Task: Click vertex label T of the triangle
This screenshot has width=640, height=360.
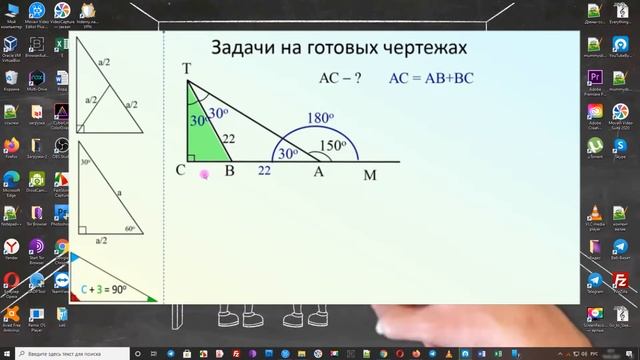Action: (x=187, y=69)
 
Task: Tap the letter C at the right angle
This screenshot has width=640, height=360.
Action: (x=181, y=171)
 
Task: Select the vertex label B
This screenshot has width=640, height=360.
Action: (x=229, y=171)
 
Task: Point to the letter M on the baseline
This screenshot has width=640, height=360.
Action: (x=371, y=176)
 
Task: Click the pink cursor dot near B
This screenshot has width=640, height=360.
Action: (x=204, y=174)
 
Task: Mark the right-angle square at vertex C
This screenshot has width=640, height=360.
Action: (x=191, y=157)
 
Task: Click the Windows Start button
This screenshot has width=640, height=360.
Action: (x=7, y=353)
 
